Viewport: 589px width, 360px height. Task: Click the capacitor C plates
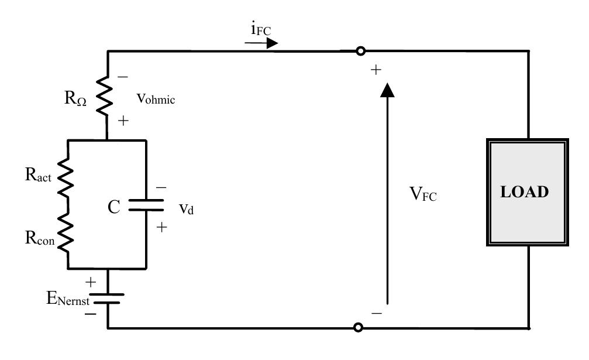pos(145,204)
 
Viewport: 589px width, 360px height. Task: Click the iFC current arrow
pos(262,43)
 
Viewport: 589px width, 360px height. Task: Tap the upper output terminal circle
pos(360,51)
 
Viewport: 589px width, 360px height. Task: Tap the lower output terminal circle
pos(359,327)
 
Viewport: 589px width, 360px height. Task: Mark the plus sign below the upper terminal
pos(376,70)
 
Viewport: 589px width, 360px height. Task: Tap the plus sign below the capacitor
pos(163,227)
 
